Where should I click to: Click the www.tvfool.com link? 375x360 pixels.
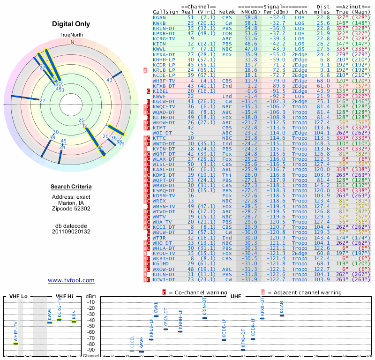point(71,280)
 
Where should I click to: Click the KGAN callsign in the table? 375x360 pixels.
point(159,17)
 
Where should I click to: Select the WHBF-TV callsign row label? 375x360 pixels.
point(164,81)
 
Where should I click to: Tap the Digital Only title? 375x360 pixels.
point(72,24)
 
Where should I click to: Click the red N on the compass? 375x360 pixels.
point(72,42)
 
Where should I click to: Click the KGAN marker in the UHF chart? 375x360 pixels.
point(282,315)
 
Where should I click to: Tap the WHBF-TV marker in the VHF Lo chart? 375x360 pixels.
point(15,344)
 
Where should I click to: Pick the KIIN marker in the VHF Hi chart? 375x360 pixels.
point(74,322)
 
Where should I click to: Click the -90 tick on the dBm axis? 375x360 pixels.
point(90,350)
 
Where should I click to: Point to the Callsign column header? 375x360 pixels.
point(165,12)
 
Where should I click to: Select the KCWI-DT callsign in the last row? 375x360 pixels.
point(164,279)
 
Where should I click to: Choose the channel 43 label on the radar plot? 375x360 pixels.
point(110,80)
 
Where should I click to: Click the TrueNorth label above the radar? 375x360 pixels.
point(72,35)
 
